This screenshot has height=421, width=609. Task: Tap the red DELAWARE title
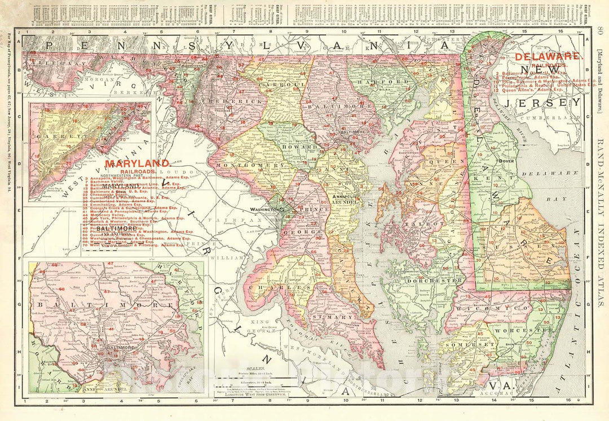[548, 56]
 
